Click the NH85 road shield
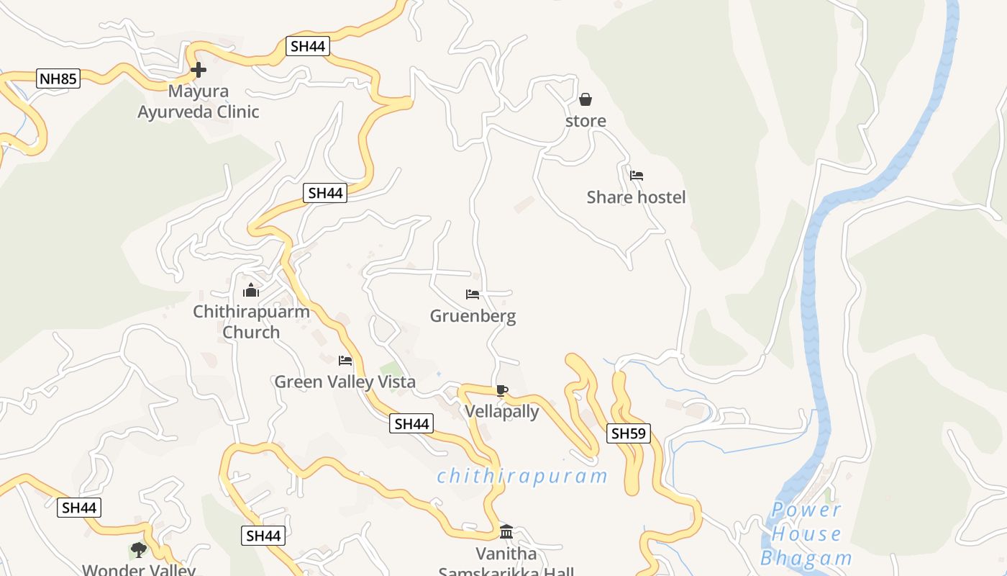pos(58,78)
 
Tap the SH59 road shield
pos(629,433)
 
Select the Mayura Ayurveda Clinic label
pos(199,102)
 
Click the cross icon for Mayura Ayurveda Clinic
pos(199,70)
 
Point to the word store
pos(585,121)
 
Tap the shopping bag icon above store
pos(585,99)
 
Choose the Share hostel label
pos(636,197)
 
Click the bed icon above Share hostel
pos(637,175)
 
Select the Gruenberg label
pos(473,316)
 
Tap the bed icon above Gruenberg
pos(473,294)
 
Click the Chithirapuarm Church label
pos(251,322)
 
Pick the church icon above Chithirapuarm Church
pos(251,290)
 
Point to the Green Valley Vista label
pos(345,382)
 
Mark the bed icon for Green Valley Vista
pos(345,360)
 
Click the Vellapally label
pos(502,412)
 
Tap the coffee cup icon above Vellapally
pos(502,391)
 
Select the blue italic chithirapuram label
pos(522,476)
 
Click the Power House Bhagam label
pos(806,534)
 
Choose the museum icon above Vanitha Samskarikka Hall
pos(506,532)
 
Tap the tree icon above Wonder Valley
pos(139,550)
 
